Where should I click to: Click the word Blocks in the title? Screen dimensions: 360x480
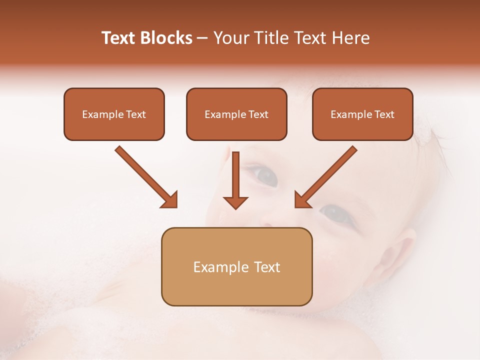[166, 38]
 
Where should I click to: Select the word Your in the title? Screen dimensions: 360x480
[231, 38]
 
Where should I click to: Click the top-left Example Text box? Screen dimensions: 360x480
[114, 114]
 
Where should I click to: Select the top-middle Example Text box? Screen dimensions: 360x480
[236, 114]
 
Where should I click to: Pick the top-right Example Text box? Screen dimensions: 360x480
[362, 114]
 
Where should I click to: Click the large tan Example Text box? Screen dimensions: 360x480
[236, 266]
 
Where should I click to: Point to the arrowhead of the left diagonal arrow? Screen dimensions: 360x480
[169, 199]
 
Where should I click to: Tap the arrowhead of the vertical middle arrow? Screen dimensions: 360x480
[235, 202]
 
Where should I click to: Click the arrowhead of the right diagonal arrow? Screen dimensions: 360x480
[302, 199]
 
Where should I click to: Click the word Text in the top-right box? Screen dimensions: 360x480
[384, 114]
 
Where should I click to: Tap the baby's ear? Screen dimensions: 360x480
[403, 250]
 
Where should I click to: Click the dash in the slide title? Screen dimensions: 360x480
[202, 38]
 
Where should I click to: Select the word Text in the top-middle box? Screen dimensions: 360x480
[258, 114]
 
